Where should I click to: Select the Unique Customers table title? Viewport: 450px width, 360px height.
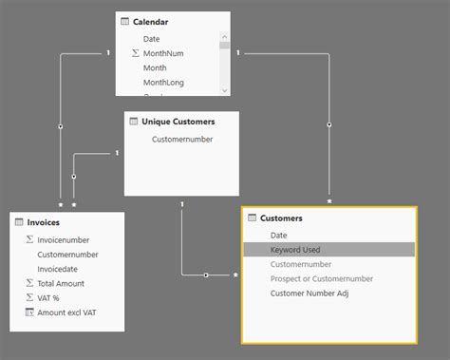(178, 122)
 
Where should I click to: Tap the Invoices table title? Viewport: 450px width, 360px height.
(44, 221)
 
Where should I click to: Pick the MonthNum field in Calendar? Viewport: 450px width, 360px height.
(163, 53)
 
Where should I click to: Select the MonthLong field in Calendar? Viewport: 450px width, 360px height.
(163, 83)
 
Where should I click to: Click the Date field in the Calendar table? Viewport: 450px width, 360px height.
(152, 39)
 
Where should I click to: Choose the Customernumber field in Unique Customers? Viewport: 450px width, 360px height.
(182, 140)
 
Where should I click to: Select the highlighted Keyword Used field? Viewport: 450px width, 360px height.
(295, 250)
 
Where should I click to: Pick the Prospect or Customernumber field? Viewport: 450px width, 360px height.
(322, 278)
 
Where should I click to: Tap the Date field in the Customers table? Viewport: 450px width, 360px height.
(278, 235)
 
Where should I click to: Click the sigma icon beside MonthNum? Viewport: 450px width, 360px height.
(136, 54)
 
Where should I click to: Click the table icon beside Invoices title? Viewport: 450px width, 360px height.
(19, 221)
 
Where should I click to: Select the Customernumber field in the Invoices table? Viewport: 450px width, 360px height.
(67, 255)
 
